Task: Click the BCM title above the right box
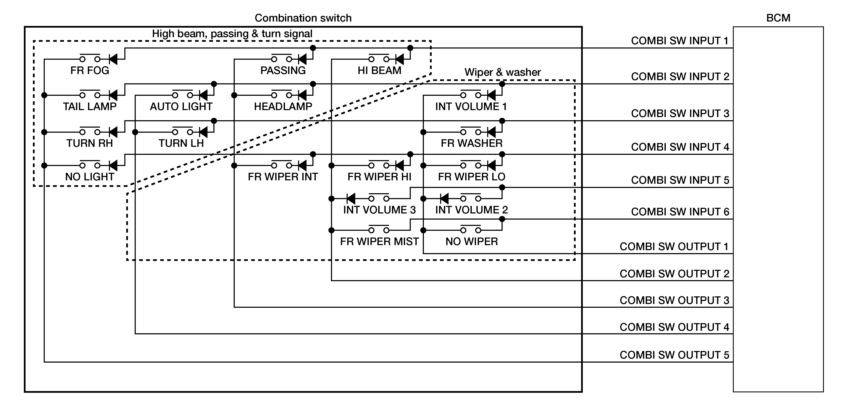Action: (x=778, y=18)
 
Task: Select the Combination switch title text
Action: (x=303, y=18)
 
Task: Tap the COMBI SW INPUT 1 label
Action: (x=680, y=41)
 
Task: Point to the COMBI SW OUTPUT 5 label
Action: (x=674, y=355)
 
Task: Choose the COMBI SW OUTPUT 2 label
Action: (x=674, y=274)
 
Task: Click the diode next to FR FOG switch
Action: (x=113, y=59)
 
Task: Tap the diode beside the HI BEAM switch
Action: (x=399, y=59)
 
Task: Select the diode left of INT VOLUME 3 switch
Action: (x=351, y=198)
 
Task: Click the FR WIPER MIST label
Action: (x=380, y=242)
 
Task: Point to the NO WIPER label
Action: (x=472, y=242)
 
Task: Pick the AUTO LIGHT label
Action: (x=181, y=107)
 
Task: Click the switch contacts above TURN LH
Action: (x=182, y=131)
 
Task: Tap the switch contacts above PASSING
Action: (x=281, y=58)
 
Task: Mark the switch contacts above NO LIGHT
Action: (x=90, y=165)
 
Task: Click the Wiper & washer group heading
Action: (x=502, y=72)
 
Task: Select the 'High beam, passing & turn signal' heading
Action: (x=232, y=34)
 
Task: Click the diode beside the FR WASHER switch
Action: (x=491, y=132)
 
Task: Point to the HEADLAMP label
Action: (x=283, y=107)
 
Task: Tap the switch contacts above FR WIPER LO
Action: (x=471, y=165)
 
